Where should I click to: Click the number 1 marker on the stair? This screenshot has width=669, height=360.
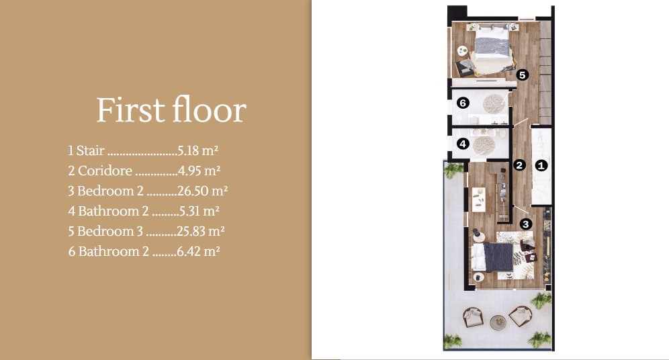pyautogui.click(x=541, y=165)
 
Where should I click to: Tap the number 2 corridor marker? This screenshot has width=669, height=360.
pyautogui.click(x=519, y=165)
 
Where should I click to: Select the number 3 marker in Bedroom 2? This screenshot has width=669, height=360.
pyautogui.click(x=526, y=224)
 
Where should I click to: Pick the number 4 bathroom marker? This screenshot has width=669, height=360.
pyautogui.click(x=463, y=144)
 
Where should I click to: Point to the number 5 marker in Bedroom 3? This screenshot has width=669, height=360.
pyautogui.click(x=522, y=75)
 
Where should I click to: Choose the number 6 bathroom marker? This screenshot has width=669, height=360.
pyautogui.click(x=463, y=103)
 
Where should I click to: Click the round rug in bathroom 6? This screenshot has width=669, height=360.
pyautogui.click(x=494, y=103)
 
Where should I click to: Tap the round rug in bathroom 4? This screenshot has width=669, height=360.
pyautogui.click(x=484, y=146)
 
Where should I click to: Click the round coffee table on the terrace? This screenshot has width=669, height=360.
pyautogui.click(x=498, y=322)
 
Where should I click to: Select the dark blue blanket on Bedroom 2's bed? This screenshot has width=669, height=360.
pyautogui.click(x=498, y=257)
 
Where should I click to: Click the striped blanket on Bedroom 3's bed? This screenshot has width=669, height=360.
pyautogui.click(x=492, y=46)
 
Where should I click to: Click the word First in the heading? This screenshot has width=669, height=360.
pyautogui.click(x=130, y=110)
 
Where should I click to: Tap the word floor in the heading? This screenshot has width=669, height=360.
pyautogui.click(x=210, y=109)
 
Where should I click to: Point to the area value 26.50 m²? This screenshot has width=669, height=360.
pyautogui.click(x=202, y=191)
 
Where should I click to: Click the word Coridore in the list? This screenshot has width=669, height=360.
pyautogui.click(x=105, y=171)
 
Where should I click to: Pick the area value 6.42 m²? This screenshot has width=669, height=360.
pyautogui.click(x=198, y=251)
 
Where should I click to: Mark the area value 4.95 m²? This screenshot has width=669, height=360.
pyautogui.click(x=199, y=171)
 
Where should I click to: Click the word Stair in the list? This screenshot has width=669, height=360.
pyautogui.click(x=91, y=150)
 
